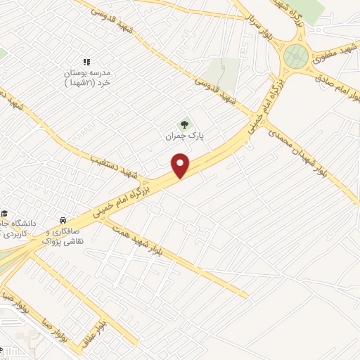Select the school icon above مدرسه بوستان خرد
coord(86,63)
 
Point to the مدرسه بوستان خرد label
coord(86,77)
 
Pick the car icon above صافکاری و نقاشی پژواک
coord(64,220)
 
